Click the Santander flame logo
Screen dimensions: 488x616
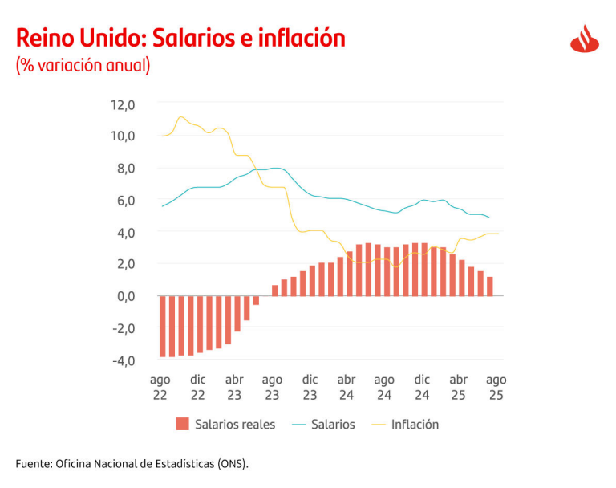click(586, 39)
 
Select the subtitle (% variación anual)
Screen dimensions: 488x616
click(83, 65)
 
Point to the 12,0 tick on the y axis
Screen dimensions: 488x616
click(123, 104)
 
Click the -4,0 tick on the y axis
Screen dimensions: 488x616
click(124, 360)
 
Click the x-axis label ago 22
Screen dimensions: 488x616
click(160, 387)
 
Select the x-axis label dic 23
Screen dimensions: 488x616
click(310, 387)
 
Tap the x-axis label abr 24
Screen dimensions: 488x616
click(346, 387)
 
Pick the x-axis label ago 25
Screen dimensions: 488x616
click(496, 387)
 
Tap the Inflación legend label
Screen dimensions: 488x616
click(415, 425)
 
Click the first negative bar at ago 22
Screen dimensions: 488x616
click(163, 326)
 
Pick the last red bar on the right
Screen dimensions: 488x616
click(489, 287)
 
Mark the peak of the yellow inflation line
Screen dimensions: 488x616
click(180, 117)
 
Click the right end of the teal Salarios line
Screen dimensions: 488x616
click(489, 218)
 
